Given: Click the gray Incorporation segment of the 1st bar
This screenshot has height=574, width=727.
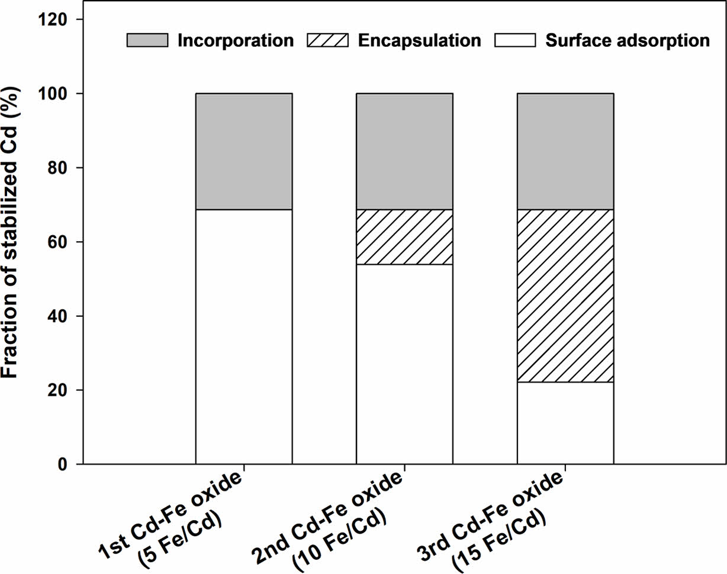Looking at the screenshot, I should click(x=243, y=151).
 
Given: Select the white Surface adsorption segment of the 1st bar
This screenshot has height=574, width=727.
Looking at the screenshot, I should click(x=243, y=336).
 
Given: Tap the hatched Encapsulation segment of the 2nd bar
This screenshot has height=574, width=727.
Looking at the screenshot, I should click(x=404, y=237).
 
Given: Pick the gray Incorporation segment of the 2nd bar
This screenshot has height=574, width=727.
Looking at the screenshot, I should click(x=404, y=151).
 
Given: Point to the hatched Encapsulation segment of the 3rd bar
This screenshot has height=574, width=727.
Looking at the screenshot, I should click(x=565, y=296).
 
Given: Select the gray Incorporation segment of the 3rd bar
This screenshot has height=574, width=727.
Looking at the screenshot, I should click(x=565, y=151).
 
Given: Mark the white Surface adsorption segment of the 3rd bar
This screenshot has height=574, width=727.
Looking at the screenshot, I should click(x=565, y=423).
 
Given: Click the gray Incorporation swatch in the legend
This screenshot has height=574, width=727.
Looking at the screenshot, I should click(x=146, y=40).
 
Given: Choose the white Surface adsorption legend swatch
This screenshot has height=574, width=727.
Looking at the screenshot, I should click(x=515, y=40).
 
